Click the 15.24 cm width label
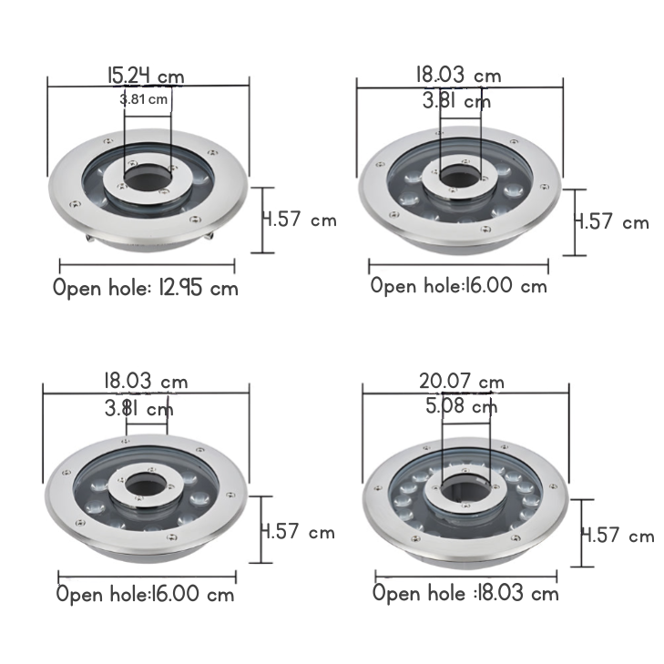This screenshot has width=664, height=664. click(146, 77)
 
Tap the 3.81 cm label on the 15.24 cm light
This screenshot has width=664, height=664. click(144, 100)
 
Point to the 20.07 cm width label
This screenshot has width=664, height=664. click(462, 382)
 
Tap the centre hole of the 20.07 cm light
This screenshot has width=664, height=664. click(465, 489)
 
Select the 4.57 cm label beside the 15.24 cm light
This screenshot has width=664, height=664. click(300, 220)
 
